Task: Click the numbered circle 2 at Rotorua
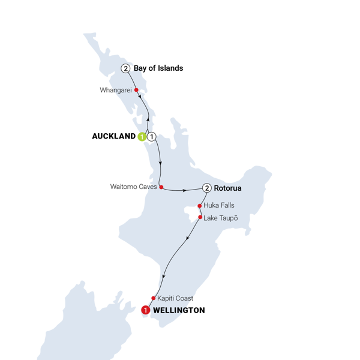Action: [207, 188]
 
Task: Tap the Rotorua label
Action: [228, 188]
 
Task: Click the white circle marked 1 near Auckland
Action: [152, 137]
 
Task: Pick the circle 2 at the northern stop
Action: [125, 68]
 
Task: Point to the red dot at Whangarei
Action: [137, 91]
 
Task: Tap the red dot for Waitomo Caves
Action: [161, 187]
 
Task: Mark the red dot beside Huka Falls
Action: [199, 206]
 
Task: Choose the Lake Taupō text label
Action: [221, 217]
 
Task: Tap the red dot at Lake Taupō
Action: [200, 217]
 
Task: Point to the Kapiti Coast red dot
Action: [153, 298]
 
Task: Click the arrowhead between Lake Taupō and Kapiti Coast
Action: [188, 240]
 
